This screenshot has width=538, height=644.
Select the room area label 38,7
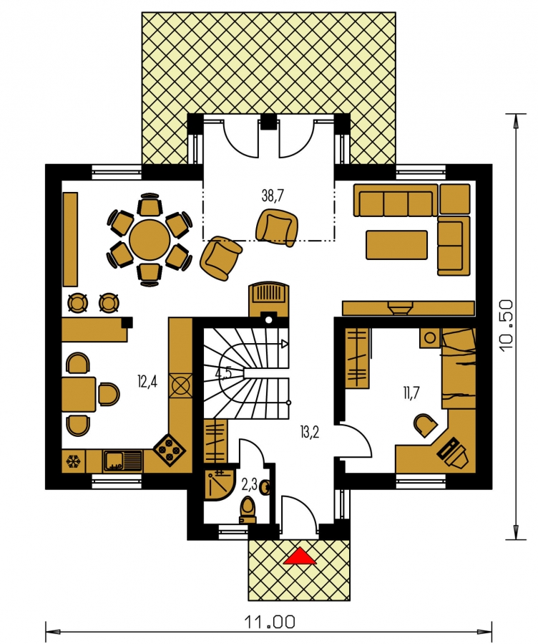point(273,196)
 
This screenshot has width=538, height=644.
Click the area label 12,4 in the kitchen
point(147,382)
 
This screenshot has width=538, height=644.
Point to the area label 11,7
point(411,393)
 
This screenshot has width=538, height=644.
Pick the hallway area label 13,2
point(310,432)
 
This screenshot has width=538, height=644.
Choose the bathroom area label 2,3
point(249,485)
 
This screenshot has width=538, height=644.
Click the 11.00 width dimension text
point(270,621)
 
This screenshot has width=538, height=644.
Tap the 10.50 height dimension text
point(507,325)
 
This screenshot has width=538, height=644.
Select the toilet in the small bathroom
point(248,510)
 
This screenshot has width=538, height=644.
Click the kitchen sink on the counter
point(123,461)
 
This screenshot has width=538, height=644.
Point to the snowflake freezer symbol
point(74,461)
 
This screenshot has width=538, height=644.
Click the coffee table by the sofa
point(397,245)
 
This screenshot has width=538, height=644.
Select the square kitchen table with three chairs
point(79,395)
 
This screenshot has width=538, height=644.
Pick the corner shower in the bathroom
point(217,484)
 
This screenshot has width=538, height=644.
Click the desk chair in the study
point(425,425)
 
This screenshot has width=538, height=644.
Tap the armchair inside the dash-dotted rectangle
point(277,227)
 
